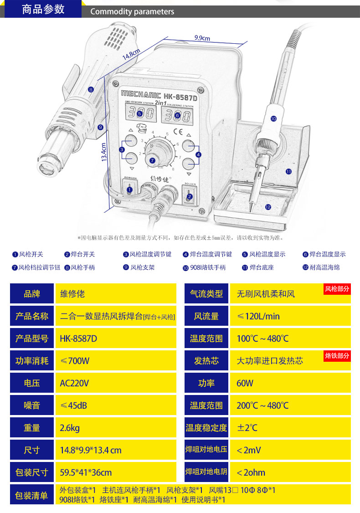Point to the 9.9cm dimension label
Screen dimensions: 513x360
(202, 38)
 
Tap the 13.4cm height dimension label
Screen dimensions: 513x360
(104, 153)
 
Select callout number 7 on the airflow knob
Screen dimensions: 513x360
(152, 160)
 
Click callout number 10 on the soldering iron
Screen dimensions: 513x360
(273, 118)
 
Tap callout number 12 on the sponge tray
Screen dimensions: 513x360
(268, 207)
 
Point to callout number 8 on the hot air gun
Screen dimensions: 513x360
(91, 90)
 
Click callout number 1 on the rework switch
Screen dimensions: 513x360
(129, 190)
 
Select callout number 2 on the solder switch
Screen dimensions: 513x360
(190, 197)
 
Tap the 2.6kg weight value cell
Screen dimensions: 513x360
(70, 428)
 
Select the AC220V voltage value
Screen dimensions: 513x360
(74, 383)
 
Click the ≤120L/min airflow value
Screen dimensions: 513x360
(258, 316)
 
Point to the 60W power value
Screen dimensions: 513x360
(245, 383)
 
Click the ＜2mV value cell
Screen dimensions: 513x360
(249, 450)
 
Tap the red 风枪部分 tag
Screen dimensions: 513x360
(337, 289)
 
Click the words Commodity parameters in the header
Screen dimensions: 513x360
(132, 12)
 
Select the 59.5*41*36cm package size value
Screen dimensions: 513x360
(86, 472)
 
